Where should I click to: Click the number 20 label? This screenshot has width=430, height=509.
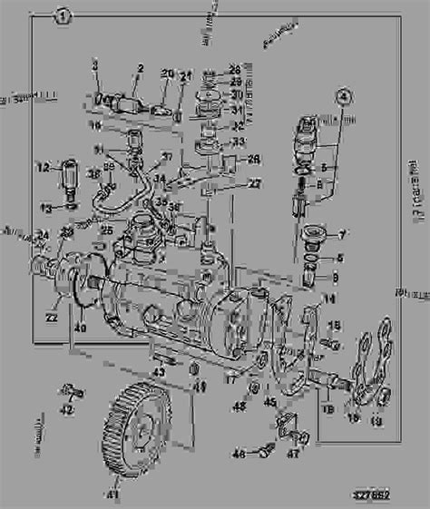[x=167, y=73]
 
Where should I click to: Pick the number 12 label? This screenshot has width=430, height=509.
[x=43, y=166]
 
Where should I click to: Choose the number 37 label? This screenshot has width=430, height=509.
[x=165, y=156]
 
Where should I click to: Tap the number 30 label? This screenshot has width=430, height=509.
[x=236, y=94]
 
